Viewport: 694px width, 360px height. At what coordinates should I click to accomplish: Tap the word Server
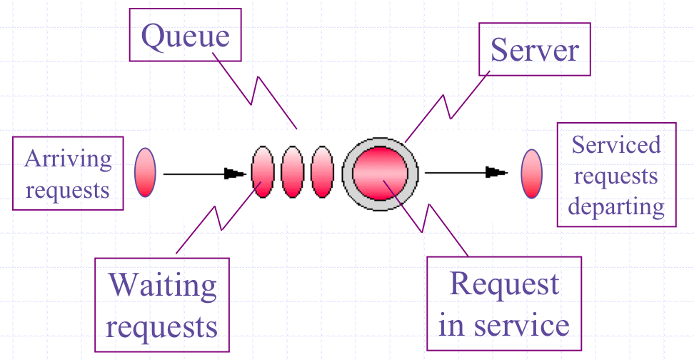click(535, 49)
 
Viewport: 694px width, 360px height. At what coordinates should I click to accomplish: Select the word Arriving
click(68, 159)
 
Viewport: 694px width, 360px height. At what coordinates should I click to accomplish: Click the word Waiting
click(162, 286)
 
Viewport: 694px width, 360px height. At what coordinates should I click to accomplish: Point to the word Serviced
click(616, 146)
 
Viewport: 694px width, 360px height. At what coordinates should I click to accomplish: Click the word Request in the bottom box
click(504, 285)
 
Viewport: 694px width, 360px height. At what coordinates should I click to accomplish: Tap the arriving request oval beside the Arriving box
click(145, 172)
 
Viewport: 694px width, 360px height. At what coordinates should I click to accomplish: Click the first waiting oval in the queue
click(263, 172)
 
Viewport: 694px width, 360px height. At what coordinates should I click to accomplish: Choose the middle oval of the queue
click(293, 172)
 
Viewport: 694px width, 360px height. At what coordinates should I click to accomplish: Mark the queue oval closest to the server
click(323, 172)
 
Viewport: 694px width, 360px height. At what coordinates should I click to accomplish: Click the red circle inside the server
click(381, 174)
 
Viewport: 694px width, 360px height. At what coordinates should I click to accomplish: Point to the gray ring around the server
click(347, 174)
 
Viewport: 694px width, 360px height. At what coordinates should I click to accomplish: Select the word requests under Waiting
click(162, 327)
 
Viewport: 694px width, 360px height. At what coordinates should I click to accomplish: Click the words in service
click(504, 325)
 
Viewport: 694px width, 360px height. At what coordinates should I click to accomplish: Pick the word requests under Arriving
click(68, 190)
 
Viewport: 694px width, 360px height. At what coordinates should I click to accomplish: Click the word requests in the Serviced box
click(616, 176)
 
